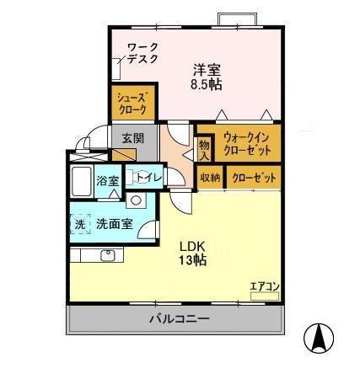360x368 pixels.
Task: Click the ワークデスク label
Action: pos(142,53)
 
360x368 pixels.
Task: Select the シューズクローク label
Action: pos(131,103)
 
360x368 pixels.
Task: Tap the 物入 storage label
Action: pos(202,149)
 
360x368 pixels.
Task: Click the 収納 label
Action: pos(210,178)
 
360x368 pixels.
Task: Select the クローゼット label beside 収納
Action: pos(250,178)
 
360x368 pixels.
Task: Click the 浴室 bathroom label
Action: pos(107,180)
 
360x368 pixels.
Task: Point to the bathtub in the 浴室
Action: pos(82,181)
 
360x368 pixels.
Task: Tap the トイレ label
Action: pos(149,176)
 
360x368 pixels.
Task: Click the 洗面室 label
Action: pos(113,225)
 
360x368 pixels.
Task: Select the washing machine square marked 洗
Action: pos(80,225)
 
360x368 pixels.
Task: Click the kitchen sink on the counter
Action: pos(108,255)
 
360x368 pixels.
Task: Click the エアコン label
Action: pos(265,287)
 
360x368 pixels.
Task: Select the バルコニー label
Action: pos(179,319)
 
